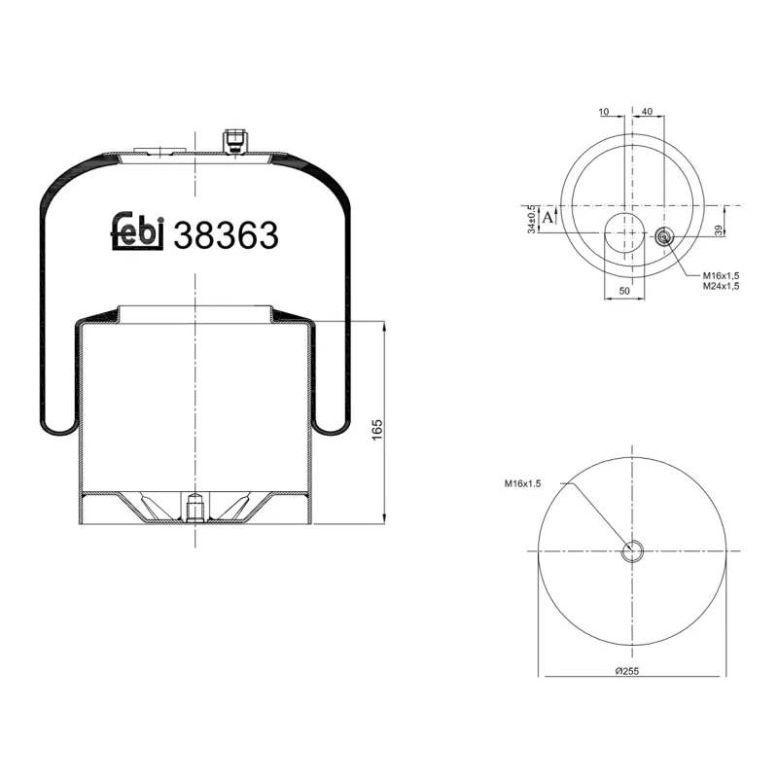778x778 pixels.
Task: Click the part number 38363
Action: coord(226,235)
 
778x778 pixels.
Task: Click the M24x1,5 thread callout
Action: coord(721,287)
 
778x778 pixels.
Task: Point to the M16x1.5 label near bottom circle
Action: coord(522,483)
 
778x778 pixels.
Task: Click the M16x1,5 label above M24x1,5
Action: coord(721,276)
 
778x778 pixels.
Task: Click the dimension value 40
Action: coord(647,112)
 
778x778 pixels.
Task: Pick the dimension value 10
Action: coord(604,112)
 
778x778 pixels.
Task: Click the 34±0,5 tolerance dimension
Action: coord(530,219)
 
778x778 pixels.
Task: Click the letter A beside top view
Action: coord(548,218)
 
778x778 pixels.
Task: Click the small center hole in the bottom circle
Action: coord(633,551)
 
